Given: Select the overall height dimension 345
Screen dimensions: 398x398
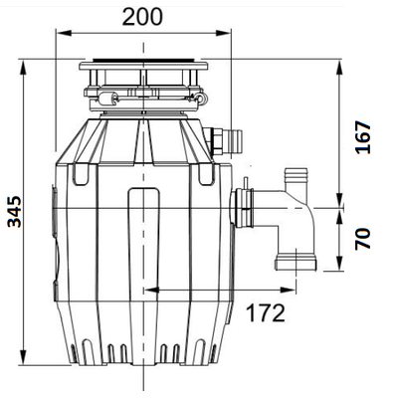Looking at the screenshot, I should [15, 220].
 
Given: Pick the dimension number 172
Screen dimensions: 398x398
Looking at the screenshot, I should [264, 313].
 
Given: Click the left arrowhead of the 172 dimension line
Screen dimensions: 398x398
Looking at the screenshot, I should [148, 290].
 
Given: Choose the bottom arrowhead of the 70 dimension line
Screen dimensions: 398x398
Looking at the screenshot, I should [342, 269].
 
